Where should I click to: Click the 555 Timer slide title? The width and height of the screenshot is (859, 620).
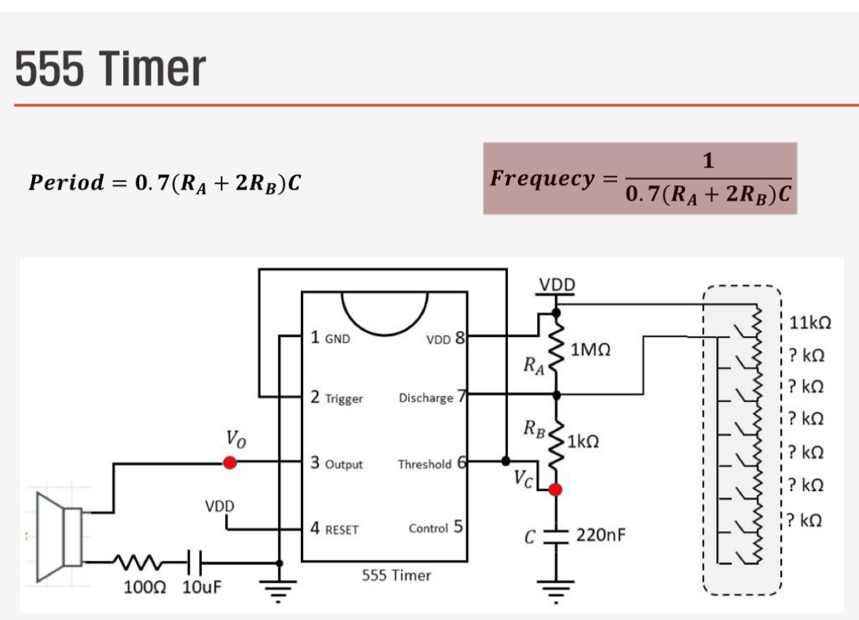coord(110,69)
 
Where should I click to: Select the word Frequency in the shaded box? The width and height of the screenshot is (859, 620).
coord(543,178)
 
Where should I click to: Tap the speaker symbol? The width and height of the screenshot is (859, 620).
coord(63,529)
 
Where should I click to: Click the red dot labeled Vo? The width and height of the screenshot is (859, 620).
coord(230,462)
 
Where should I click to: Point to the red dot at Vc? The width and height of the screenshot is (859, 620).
coord(556,489)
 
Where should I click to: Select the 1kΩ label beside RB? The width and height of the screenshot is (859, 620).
coord(583,441)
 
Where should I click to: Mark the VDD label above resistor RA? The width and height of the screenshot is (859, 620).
coord(557,284)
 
